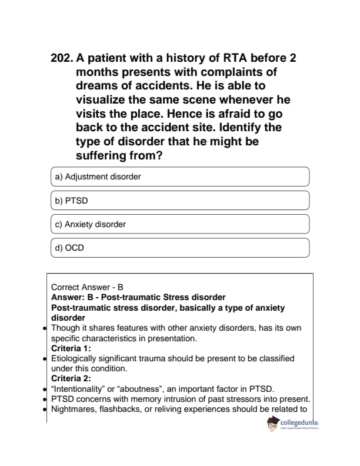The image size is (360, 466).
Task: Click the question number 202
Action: [62, 58]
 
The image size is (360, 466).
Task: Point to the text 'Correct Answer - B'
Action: [87, 288]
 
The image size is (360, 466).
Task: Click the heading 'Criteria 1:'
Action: [71, 348]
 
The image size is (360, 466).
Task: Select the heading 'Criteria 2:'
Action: [71, 378]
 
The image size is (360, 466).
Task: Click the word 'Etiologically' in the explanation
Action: [75, 358]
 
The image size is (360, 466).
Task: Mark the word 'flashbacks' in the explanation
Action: [119, 409]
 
